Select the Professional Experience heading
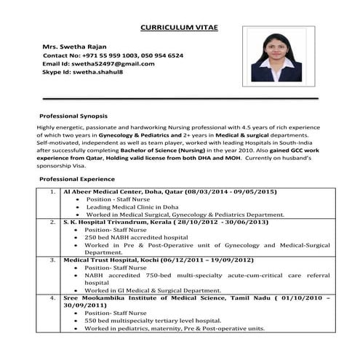[x=77, y=179]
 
